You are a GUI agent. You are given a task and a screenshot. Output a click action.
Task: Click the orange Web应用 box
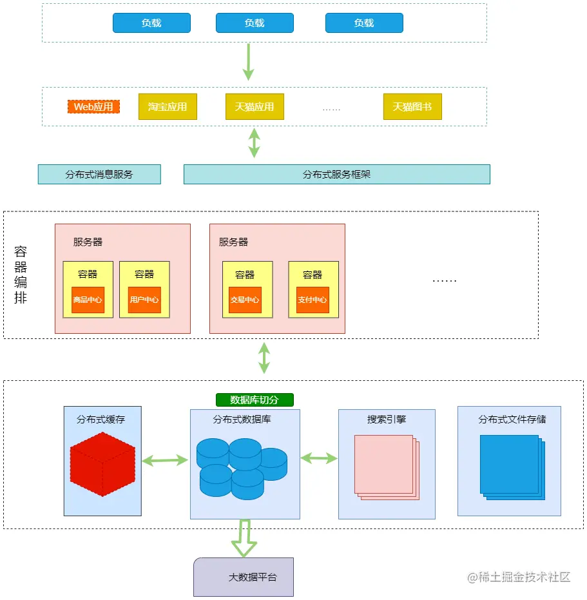[x=93, y=106]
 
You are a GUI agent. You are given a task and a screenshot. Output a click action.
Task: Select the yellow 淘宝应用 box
[x=168, y=106]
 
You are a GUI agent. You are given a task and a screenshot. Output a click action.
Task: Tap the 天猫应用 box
[x=255, y=106]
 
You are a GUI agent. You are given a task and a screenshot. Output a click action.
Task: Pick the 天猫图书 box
[x=412, y=106]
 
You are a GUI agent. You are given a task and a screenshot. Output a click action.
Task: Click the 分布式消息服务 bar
[x=99, y=174]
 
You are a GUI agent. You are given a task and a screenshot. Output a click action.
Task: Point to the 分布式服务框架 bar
[x=336, y=174]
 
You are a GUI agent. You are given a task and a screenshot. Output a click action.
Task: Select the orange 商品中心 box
[x=88, y=300]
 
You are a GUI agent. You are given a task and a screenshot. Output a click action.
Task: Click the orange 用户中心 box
[x=144, y=300]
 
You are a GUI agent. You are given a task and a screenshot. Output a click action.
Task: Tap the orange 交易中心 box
[x=245, y=300]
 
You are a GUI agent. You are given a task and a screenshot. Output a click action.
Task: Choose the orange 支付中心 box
[x=313, y=300]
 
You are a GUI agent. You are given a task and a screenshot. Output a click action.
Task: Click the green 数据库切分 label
[x=255, y=400]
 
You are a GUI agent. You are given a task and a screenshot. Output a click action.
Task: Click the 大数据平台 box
[x=244, y=577]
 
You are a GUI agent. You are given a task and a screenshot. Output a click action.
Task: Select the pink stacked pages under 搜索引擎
[x=386, y=467]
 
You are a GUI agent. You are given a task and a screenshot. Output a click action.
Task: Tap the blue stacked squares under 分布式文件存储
[x=512, y=467]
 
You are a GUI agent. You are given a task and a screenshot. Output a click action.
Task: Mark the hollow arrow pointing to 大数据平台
[x=244, y=538]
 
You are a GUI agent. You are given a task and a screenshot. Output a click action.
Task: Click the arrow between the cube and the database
[x=165, y=460]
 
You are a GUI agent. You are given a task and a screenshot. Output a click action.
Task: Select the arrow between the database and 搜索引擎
[x=319, y=458]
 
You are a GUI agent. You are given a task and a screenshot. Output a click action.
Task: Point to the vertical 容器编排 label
[x=21, y=275]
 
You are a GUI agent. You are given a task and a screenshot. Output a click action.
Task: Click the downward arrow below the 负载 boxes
[x=248, y=62]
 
